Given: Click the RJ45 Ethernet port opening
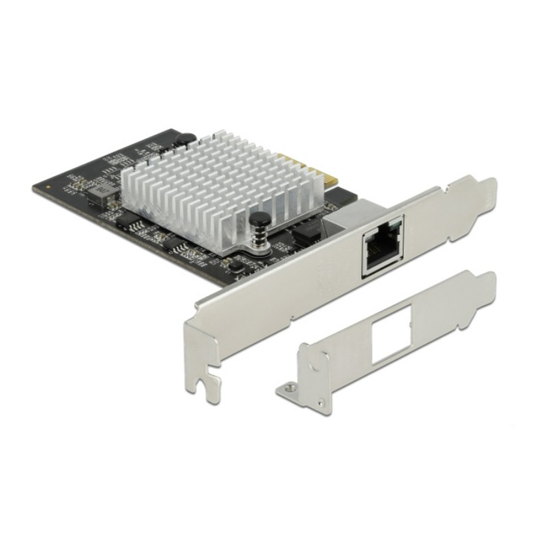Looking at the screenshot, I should click(x=381, y=245).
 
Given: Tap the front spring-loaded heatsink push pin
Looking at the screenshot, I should click(x=259, y=219).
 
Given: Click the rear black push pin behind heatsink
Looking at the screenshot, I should click(x=184, y=139).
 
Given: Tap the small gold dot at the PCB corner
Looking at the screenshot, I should click(x=46, y=186).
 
